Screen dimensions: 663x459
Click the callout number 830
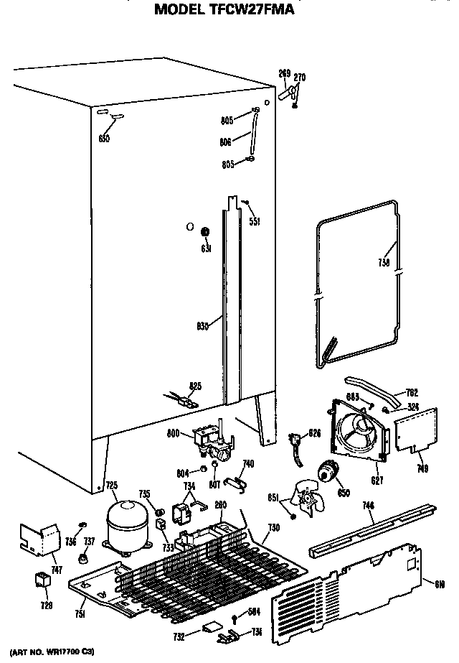coord(202,325)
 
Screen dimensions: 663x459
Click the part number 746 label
coord(368,506)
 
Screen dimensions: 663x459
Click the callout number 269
coord(284,74)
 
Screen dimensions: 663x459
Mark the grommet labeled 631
coord(205,232)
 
